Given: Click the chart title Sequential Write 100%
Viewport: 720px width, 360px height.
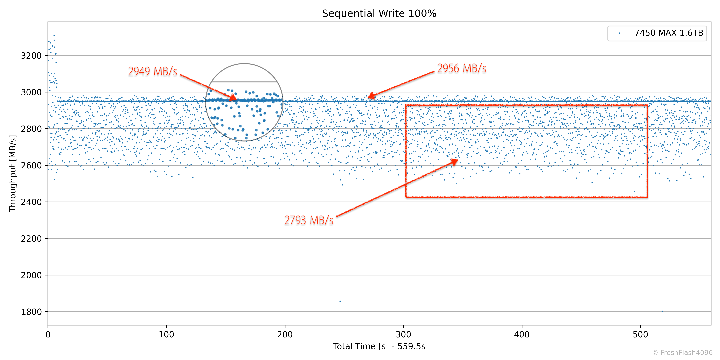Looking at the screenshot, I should pos(379,13).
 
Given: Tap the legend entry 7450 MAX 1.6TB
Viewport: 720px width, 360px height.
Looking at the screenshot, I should pos(668,33).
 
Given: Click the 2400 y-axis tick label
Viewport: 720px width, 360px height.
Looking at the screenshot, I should pos(31,202).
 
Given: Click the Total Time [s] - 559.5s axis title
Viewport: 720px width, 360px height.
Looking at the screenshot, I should pos(379,346).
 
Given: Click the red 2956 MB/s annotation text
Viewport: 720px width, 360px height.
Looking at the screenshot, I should pos(462,68).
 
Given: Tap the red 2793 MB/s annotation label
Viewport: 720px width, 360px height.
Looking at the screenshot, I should pos(309,220).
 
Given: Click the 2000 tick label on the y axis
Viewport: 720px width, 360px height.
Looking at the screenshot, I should pos(31,275).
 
